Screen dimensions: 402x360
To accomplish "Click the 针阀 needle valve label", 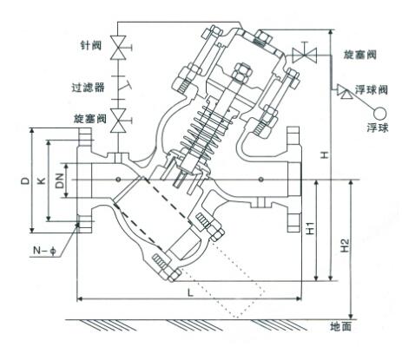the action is click(90, 45).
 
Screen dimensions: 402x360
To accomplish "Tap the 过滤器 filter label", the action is click(88, 87).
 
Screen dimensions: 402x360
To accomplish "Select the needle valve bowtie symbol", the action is click(119, 48).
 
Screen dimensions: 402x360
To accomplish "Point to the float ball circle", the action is click(379, 113).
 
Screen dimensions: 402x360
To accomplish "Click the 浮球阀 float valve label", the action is click(372, 90).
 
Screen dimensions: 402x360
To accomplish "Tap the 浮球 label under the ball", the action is click(378, 128).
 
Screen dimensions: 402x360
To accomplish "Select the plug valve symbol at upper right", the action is click(305, 54).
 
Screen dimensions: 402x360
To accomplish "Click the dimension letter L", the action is click(190, 293).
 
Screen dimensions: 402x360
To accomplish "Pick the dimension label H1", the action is click(310, 228).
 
